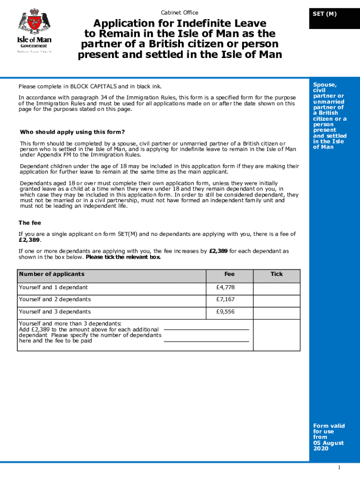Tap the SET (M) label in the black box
[x=324, y=14]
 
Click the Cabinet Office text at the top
[x=180, y=13]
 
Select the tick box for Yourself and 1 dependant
[x=276, y=288]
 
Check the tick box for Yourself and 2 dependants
[x=276, y=300]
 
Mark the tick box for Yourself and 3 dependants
[x=276, y=312]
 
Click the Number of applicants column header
[x=51, y=275]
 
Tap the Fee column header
[x=229, y=275]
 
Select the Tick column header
[x=276, y=275]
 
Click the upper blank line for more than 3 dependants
[x=206, y=329]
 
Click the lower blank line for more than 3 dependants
[x=206, y=341]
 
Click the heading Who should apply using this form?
[x=72, y=132]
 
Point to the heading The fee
[x=30, y=223]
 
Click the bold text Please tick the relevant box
[x=123, y=257]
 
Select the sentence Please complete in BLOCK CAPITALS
[x=90, y=87]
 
